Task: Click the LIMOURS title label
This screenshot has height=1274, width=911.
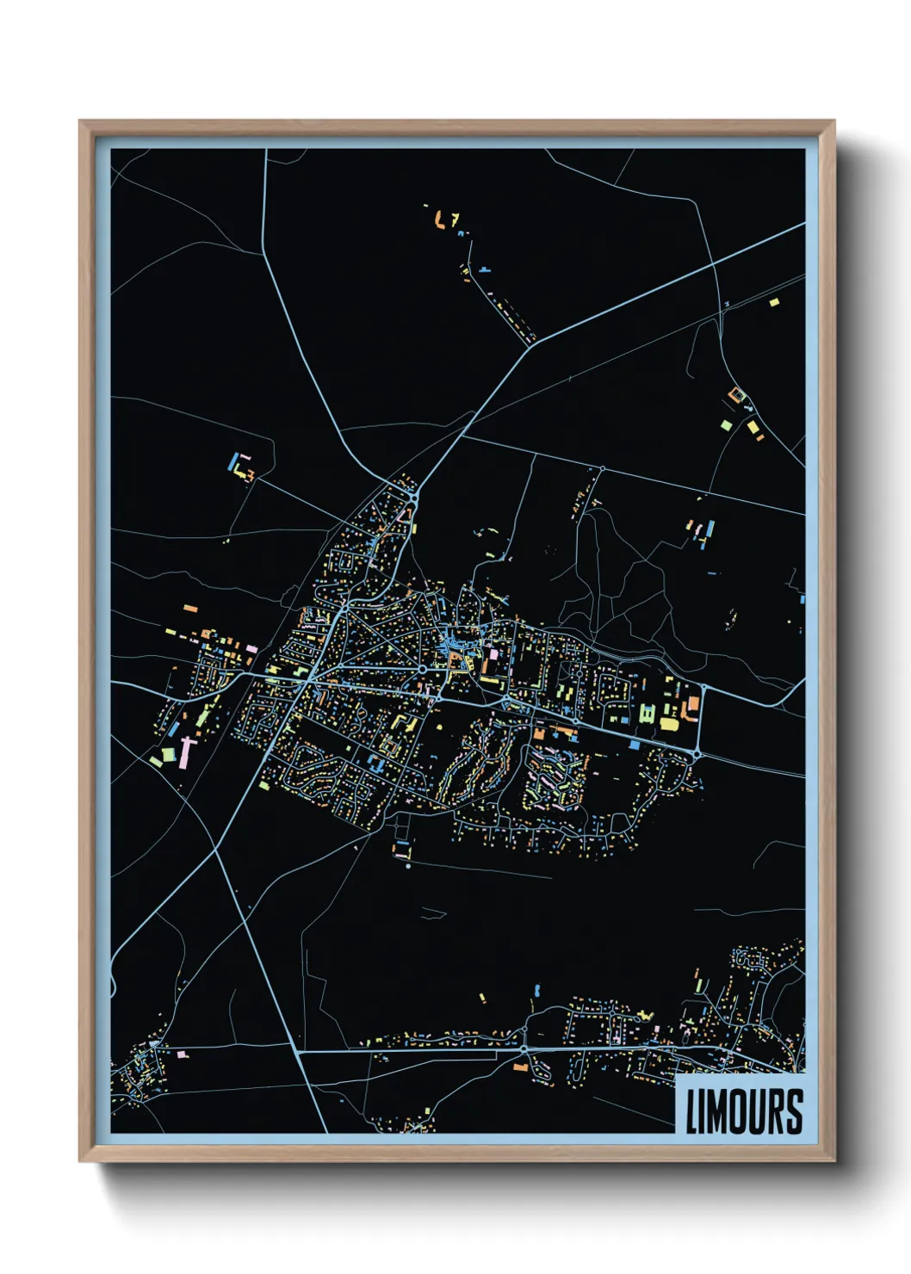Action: (744, 1110)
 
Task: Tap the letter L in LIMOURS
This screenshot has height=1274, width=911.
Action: (691, 1111)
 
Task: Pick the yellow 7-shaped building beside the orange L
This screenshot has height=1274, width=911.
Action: (454, 218)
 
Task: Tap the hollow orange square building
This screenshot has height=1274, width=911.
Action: (736, 395)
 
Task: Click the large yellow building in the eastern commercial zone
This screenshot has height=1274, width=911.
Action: (669, 724)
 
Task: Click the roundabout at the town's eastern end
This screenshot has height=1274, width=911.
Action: (696, 755)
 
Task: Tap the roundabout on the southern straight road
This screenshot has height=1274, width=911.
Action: (524, 1049)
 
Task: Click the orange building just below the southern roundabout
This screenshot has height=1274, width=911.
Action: (520, 1067)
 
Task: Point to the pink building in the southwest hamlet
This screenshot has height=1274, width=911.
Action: (182, 1054)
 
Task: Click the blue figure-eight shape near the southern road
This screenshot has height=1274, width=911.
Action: (536, 990)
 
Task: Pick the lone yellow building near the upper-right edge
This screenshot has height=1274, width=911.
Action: (773, 302)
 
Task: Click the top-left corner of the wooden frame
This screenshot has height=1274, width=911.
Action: (80, 121)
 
